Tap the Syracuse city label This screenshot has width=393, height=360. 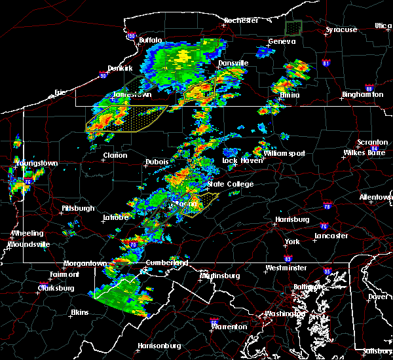pyautogui.click(x=342, y=29)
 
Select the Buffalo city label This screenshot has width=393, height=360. pyautogui.click(x=150, y=40)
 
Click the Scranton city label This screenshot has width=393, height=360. pyautogui.click(x=373, y=143)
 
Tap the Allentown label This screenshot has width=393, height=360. pyautogui.click(x=375, y=197)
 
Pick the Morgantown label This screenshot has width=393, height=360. pyautogui.click(x=84, y=263)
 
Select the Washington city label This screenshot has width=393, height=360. pyautogui.click(x=282, y=314)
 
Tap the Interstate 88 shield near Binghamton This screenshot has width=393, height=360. pyautogui.click(x=369, y=89)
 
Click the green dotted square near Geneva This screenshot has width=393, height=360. pyautogui.click(x=293, y=27)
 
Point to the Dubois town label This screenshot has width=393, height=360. pyautogui.click(x=157, y=162)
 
